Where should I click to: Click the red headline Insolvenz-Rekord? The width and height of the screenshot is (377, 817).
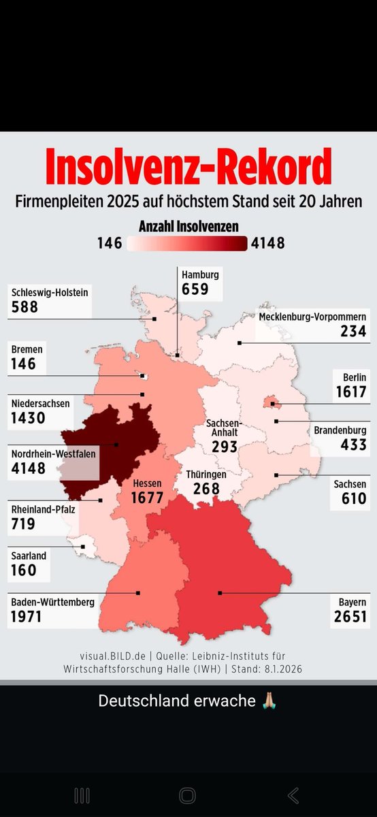pyautogui.click(x=188, y=167)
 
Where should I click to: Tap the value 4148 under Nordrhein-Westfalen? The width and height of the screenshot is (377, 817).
pyautogui.click(x=29, y=468)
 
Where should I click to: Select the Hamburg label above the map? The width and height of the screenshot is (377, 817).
pyautogui.click(x=200, y=275)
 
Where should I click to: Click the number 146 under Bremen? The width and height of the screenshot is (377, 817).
pyautogui.click(x=23, y=364)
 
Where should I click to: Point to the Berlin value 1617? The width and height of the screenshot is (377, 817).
pyautogui.click(x=351, y=392)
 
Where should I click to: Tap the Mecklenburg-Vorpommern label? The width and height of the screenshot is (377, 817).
pyautogui.click(x=312, y=317)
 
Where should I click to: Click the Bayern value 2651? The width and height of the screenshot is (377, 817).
pyautogui.click(x=350, y=618)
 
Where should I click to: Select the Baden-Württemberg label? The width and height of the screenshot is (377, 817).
pyautogui.click(x=52, y=602)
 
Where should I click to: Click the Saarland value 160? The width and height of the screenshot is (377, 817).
pyautogui.click(x=24, y=570)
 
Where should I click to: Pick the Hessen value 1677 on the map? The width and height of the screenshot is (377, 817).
pyautogui.click(x=147, y=498)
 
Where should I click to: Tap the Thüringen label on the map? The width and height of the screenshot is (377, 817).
pyautogui.click(x=206, y=475)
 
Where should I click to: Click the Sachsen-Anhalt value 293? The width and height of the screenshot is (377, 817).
pyautogui.click(x=224, y=447)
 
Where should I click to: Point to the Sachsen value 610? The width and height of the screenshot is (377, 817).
pyautogui.click(x=353, y=499)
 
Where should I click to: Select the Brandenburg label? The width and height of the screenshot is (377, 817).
pyautogui.click(x=340, y=430)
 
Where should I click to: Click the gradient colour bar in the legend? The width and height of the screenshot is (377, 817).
pyautogui.click(x=187, y=243)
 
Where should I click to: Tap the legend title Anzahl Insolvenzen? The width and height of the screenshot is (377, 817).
pyautogui.click(x=188, y=226)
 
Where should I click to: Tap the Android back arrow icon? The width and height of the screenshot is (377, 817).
pyautogui.click(x=293, y=795)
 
